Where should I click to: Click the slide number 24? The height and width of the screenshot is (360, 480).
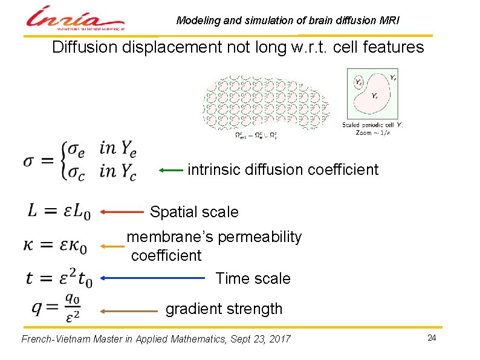tap(431, 338)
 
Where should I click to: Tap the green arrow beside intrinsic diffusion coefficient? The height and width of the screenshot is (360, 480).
tap(171, 171)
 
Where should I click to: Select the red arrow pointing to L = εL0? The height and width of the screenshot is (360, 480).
tap(123, 212)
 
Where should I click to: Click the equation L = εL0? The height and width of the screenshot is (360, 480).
tap(58, 212)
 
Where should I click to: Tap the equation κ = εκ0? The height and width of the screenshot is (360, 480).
tap(56, 246)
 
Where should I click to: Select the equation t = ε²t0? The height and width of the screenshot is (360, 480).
tap(59, 278)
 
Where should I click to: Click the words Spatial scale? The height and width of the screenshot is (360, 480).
tap(194, 212)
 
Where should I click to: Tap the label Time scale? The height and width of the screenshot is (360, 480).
tap(253, 279)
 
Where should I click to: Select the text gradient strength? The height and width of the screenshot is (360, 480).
tap(224, 309)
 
